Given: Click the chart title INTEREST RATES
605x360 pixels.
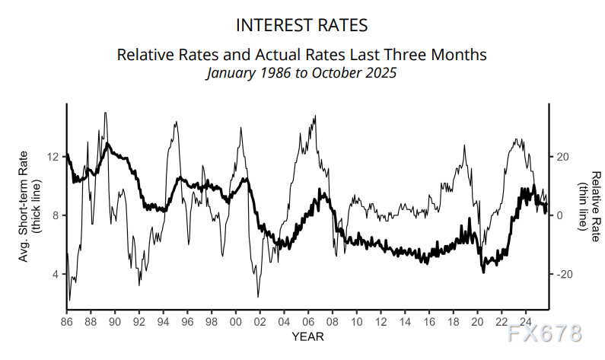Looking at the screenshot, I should (x=302, y=25).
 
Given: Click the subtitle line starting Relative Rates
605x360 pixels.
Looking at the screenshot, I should (x=302, y=56).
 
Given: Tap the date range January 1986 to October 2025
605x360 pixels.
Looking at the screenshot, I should (x=302, y=74).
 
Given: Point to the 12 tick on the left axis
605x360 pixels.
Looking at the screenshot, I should (x=53, y=158).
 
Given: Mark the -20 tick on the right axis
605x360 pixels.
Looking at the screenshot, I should (x=564, y=274).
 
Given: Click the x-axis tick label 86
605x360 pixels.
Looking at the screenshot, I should (x=66, y=321).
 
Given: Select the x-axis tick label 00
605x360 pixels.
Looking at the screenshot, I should (x=235, y=321).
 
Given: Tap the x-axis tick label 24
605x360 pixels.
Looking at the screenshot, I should (x=525, y=321).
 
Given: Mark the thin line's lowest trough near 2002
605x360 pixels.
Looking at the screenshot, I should (x=258, y=296).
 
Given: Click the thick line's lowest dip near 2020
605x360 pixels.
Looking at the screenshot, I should (x=483, y=272).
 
